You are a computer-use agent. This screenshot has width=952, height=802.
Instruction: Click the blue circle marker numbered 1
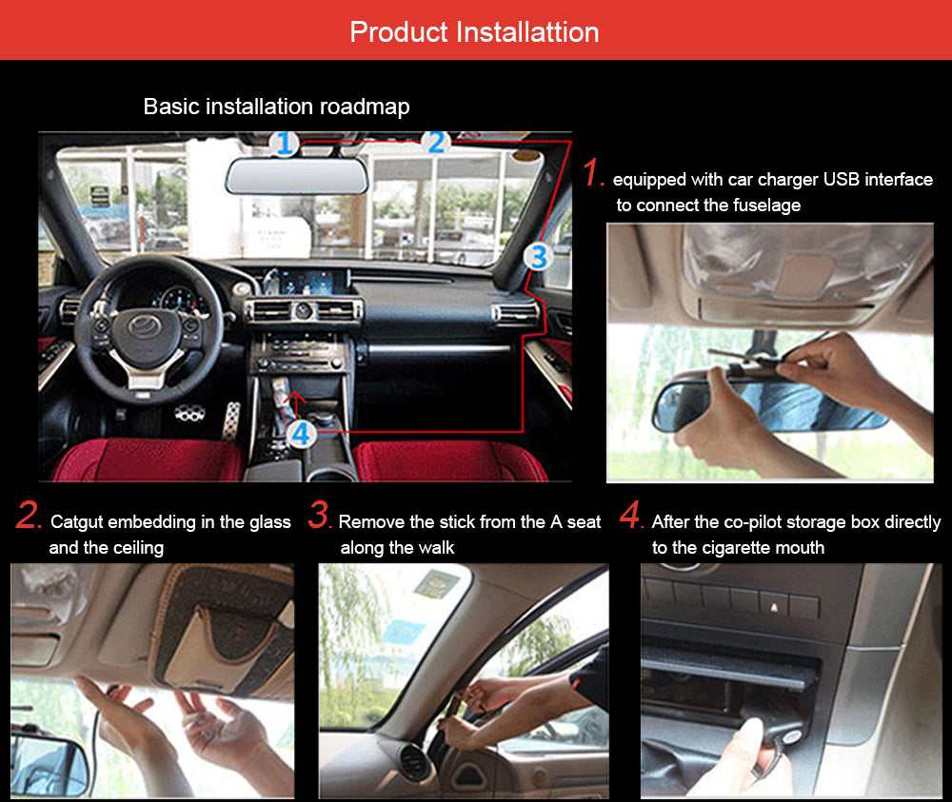click(x=284, y=144)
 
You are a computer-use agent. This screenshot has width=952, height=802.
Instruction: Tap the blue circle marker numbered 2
click(x=436, y=143)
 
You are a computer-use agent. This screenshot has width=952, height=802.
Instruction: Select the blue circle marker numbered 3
click(x=538, y=256)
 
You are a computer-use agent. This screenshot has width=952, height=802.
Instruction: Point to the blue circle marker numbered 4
click(x=301, y=435)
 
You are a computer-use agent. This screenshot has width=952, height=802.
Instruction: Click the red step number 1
click(x=593, y=174)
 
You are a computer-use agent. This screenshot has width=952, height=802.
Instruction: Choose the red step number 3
click(x=319, y=518)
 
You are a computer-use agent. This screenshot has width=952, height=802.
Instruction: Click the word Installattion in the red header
click(x=527, y=31)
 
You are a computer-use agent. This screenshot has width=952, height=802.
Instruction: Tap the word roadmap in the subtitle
click(x=366, y=107)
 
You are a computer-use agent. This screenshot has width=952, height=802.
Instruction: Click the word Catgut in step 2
click(x=79, y=521)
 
